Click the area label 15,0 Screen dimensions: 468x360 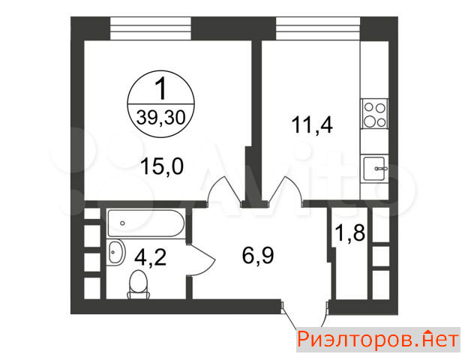[x=162, y=166]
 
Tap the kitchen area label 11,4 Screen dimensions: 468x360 [x=312, y=124]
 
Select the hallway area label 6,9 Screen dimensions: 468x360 [x=258, y=256]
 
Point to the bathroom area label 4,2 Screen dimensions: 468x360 [x=150, y=257]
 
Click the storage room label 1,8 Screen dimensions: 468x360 [x=350, y=232]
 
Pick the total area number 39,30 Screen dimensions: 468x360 [x=161, y=117]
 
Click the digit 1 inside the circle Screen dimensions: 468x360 [x=161, y=88]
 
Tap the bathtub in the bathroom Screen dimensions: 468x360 [x=146, y=223]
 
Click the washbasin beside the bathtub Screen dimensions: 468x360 [x=115, y=252]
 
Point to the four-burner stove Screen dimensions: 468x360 [x=375, y=113]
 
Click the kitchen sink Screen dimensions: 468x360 [x=374, y=169]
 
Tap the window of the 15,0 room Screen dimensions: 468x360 [x=151, y=28]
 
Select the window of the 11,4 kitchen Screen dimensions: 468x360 [x=318, y=28]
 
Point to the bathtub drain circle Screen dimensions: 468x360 [x=122, y=223]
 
